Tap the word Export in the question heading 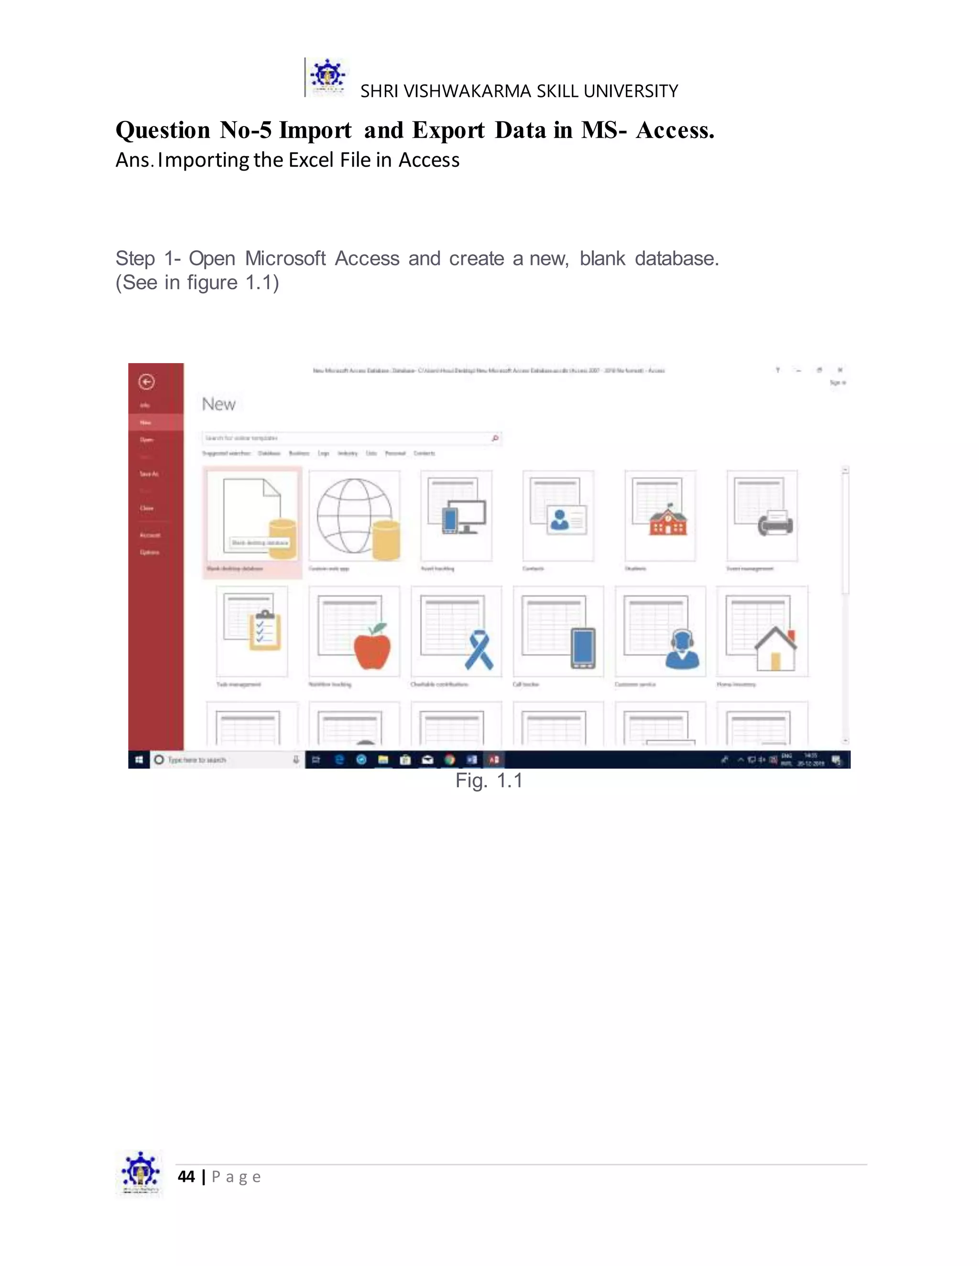pos(448,130)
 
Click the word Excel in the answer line pos(312,160)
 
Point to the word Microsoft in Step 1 pos(285,258)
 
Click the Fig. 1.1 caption pos(489,780)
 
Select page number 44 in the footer pos(186,1176)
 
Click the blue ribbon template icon pos(479,650)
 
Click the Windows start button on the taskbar pos(139,760)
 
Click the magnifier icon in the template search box pos(495,438)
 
